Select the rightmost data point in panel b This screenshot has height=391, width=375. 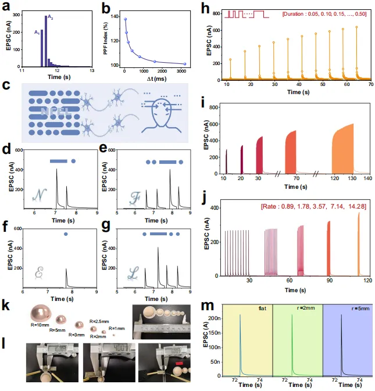tap(185, 64)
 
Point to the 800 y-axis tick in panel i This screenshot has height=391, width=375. tap(214, 107)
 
